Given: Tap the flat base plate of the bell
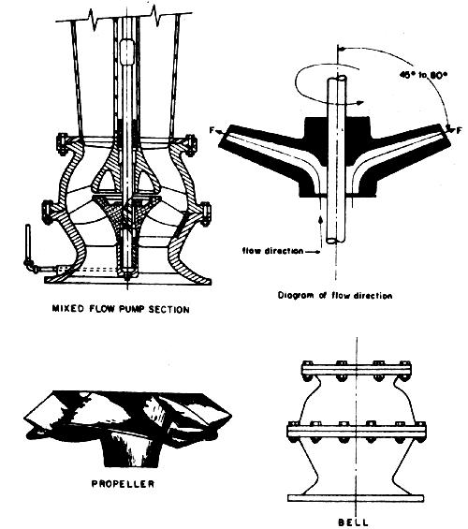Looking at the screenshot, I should pos(358,495).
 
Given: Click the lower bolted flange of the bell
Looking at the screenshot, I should pos(358,432).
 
